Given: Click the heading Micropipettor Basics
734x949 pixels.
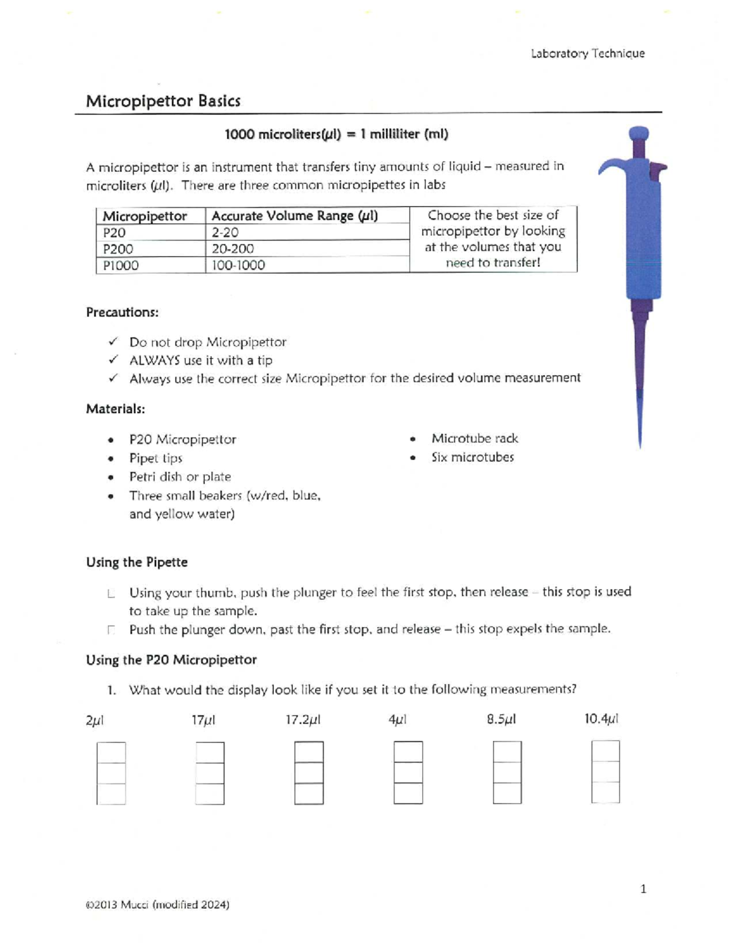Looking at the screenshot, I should click(163, 101).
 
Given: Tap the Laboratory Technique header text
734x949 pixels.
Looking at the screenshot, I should click(587, 54).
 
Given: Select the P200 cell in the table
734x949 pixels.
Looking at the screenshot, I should click(118, 249).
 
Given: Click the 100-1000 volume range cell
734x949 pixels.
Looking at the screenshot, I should click(238, 265).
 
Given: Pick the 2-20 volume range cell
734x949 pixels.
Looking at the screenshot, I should click(225, 233).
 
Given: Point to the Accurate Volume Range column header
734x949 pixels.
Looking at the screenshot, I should click(294, 216).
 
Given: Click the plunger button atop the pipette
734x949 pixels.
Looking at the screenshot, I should click(639, 134).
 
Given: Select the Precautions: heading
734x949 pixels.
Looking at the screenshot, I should click(122, 312).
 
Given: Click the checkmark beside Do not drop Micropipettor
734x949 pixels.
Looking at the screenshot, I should click(113, 342).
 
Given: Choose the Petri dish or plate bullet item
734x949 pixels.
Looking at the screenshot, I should click(180, 477).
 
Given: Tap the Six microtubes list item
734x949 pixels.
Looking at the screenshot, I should click(472, 457).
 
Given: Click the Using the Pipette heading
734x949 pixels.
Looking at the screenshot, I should click(137, 562).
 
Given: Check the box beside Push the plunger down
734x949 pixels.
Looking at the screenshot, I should click(111, 629).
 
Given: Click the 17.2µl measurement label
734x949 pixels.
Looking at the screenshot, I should click(303, 720).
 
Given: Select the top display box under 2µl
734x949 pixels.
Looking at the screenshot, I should click(111, 753).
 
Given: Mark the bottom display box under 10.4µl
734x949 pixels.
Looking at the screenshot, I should click(606, 793).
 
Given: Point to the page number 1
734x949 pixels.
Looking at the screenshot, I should click(643, 889).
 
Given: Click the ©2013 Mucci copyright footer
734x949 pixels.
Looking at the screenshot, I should click(158, 905).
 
